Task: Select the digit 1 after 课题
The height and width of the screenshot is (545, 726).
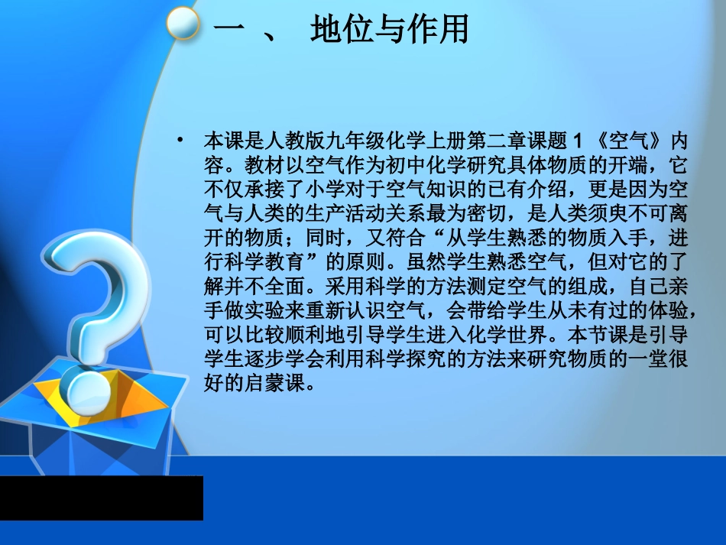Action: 577,143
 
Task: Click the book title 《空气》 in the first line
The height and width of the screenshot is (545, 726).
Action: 630,143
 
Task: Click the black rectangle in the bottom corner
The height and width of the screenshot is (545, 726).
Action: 101,498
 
